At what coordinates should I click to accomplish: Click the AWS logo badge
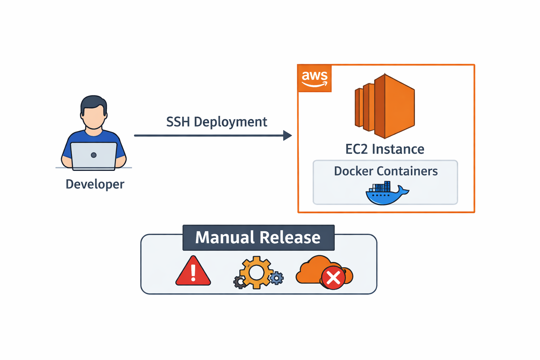(315, 78)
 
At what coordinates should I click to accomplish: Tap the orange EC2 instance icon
(385, 106)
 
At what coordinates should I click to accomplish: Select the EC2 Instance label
(385, 149)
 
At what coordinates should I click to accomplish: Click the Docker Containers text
(386, 171)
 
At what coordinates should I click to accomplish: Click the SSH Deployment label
(217, 122)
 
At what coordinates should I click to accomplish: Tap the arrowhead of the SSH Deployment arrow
(288, 135)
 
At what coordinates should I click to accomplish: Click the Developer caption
(95, 184)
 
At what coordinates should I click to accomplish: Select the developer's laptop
(94, 156)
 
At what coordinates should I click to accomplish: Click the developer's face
(94, 117)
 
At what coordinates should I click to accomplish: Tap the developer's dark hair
(94, 102)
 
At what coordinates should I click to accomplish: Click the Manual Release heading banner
(258, 238)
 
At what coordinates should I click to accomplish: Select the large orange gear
(256, 272)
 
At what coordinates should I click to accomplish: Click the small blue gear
(277, 278)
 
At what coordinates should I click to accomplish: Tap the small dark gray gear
(240, 282)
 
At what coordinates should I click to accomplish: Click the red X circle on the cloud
(333, 278)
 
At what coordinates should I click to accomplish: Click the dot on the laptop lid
(94, 155)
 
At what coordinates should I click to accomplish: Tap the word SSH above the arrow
(178, 122)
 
